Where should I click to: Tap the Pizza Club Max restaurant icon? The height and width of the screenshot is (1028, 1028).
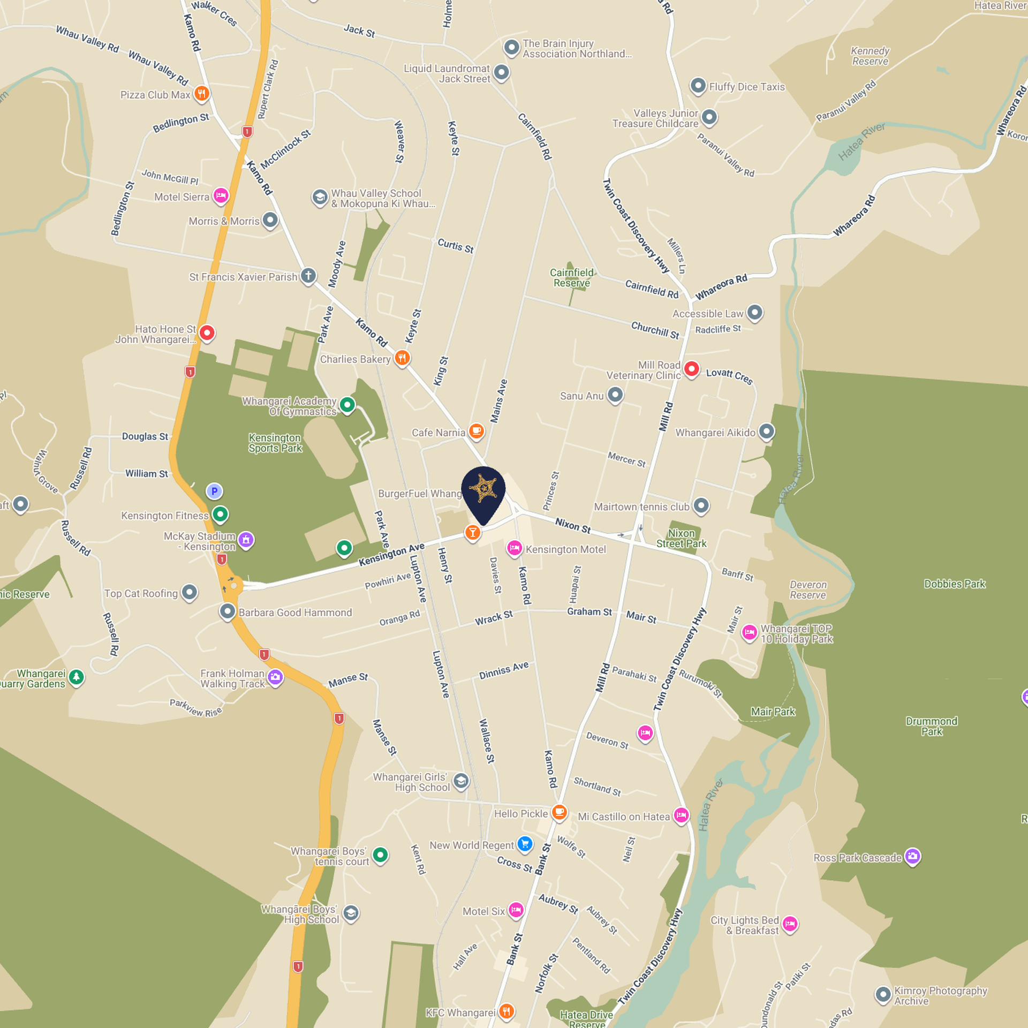[x=201, y=94]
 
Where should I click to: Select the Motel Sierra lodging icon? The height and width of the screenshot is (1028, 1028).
[x=221, y=195]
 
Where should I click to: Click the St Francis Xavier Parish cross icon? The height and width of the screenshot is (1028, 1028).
[x=308, y=276]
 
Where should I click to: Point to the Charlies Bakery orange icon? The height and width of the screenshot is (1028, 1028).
[x=402, y=358]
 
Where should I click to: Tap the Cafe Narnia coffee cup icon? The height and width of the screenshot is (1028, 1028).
[x=476, y=430]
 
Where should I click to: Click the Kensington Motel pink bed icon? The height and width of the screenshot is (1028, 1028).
[x=515, y=548]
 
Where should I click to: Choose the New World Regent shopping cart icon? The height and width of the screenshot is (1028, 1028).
[x=525, y=844]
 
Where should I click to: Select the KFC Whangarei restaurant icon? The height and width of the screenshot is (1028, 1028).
[x=506, y=1011]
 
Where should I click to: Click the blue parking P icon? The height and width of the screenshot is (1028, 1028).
[x=214, y=490]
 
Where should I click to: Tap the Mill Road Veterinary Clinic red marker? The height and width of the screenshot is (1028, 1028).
[x=691, y=368]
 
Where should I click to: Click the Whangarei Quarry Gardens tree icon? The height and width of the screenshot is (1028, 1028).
[x=77, y=677]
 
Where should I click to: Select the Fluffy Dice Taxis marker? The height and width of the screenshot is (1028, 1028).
[x=698, y=86]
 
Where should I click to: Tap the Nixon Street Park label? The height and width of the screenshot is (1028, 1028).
[x=681, y=538]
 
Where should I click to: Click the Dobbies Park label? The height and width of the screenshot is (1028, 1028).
[x=954, y=584]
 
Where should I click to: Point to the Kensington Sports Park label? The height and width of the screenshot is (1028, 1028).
[x=275, y=443]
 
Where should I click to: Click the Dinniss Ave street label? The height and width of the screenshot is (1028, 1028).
[x=503, y=670]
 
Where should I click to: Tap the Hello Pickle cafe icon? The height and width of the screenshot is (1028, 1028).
[x=559, y=812]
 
